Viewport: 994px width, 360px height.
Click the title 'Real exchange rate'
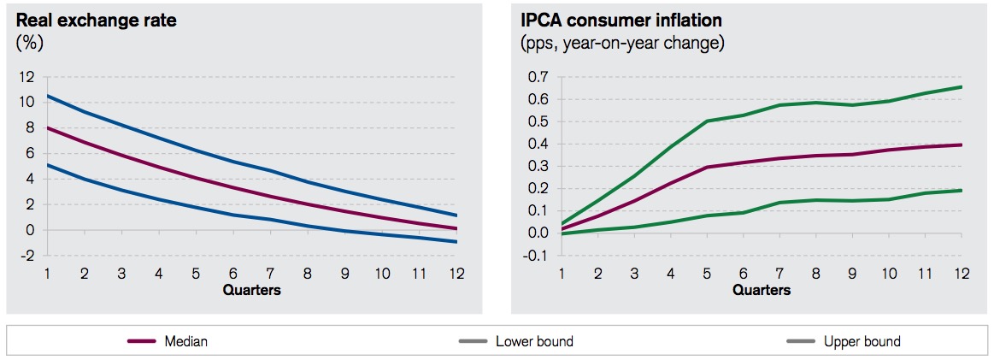[x=97, y=20]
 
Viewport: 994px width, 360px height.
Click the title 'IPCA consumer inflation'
[x=612, y=20]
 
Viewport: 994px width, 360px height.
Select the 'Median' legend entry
[x=186, y=341]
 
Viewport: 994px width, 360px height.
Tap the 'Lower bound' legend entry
[x=534, y=341]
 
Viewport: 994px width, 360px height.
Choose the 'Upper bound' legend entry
[x=862, y=341]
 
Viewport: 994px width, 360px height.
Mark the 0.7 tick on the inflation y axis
[x=538, y=77]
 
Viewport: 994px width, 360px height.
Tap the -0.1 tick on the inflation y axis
[x=536, y=255]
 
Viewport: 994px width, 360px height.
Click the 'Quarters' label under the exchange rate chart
[x=251, y=290]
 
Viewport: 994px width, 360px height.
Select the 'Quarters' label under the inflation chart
[x=761, y=290]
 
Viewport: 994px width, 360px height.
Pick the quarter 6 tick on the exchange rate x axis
[x=232, y=274]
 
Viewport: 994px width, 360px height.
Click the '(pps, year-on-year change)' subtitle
[x=622, y=42]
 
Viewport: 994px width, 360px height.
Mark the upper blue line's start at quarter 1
[x=48, y=96]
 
